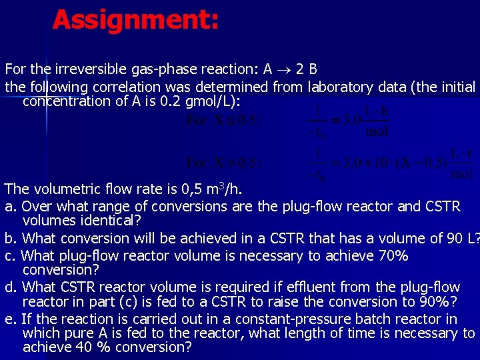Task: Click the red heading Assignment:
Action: click(x=135, y=19)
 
